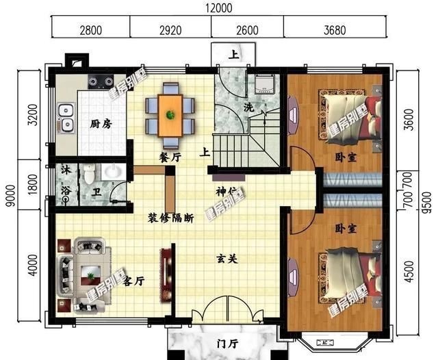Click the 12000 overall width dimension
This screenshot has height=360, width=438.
click(218, 8)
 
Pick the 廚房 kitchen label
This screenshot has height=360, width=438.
click(101, 124)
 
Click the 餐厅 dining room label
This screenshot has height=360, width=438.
click(170, 157)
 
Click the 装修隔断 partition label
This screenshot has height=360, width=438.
click(170, 219)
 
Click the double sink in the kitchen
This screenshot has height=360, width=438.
click(66, 118)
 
